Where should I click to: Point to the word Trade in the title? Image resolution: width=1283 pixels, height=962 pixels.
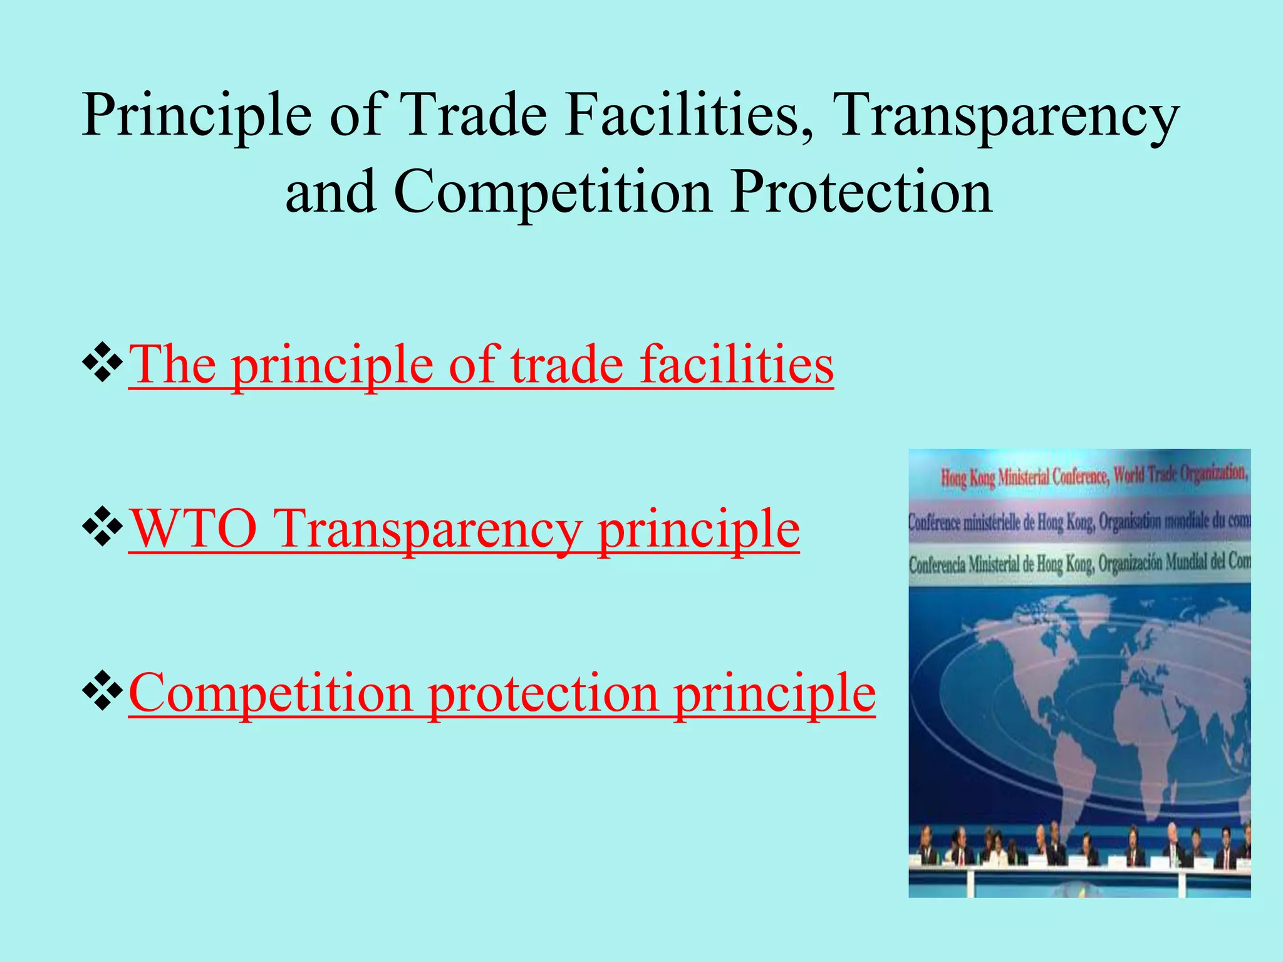(x=475, y=115)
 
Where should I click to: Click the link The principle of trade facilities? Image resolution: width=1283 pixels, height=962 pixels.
(x=480, y=365)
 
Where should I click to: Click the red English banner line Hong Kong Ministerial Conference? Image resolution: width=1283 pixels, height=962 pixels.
(x=1093, y=476)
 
